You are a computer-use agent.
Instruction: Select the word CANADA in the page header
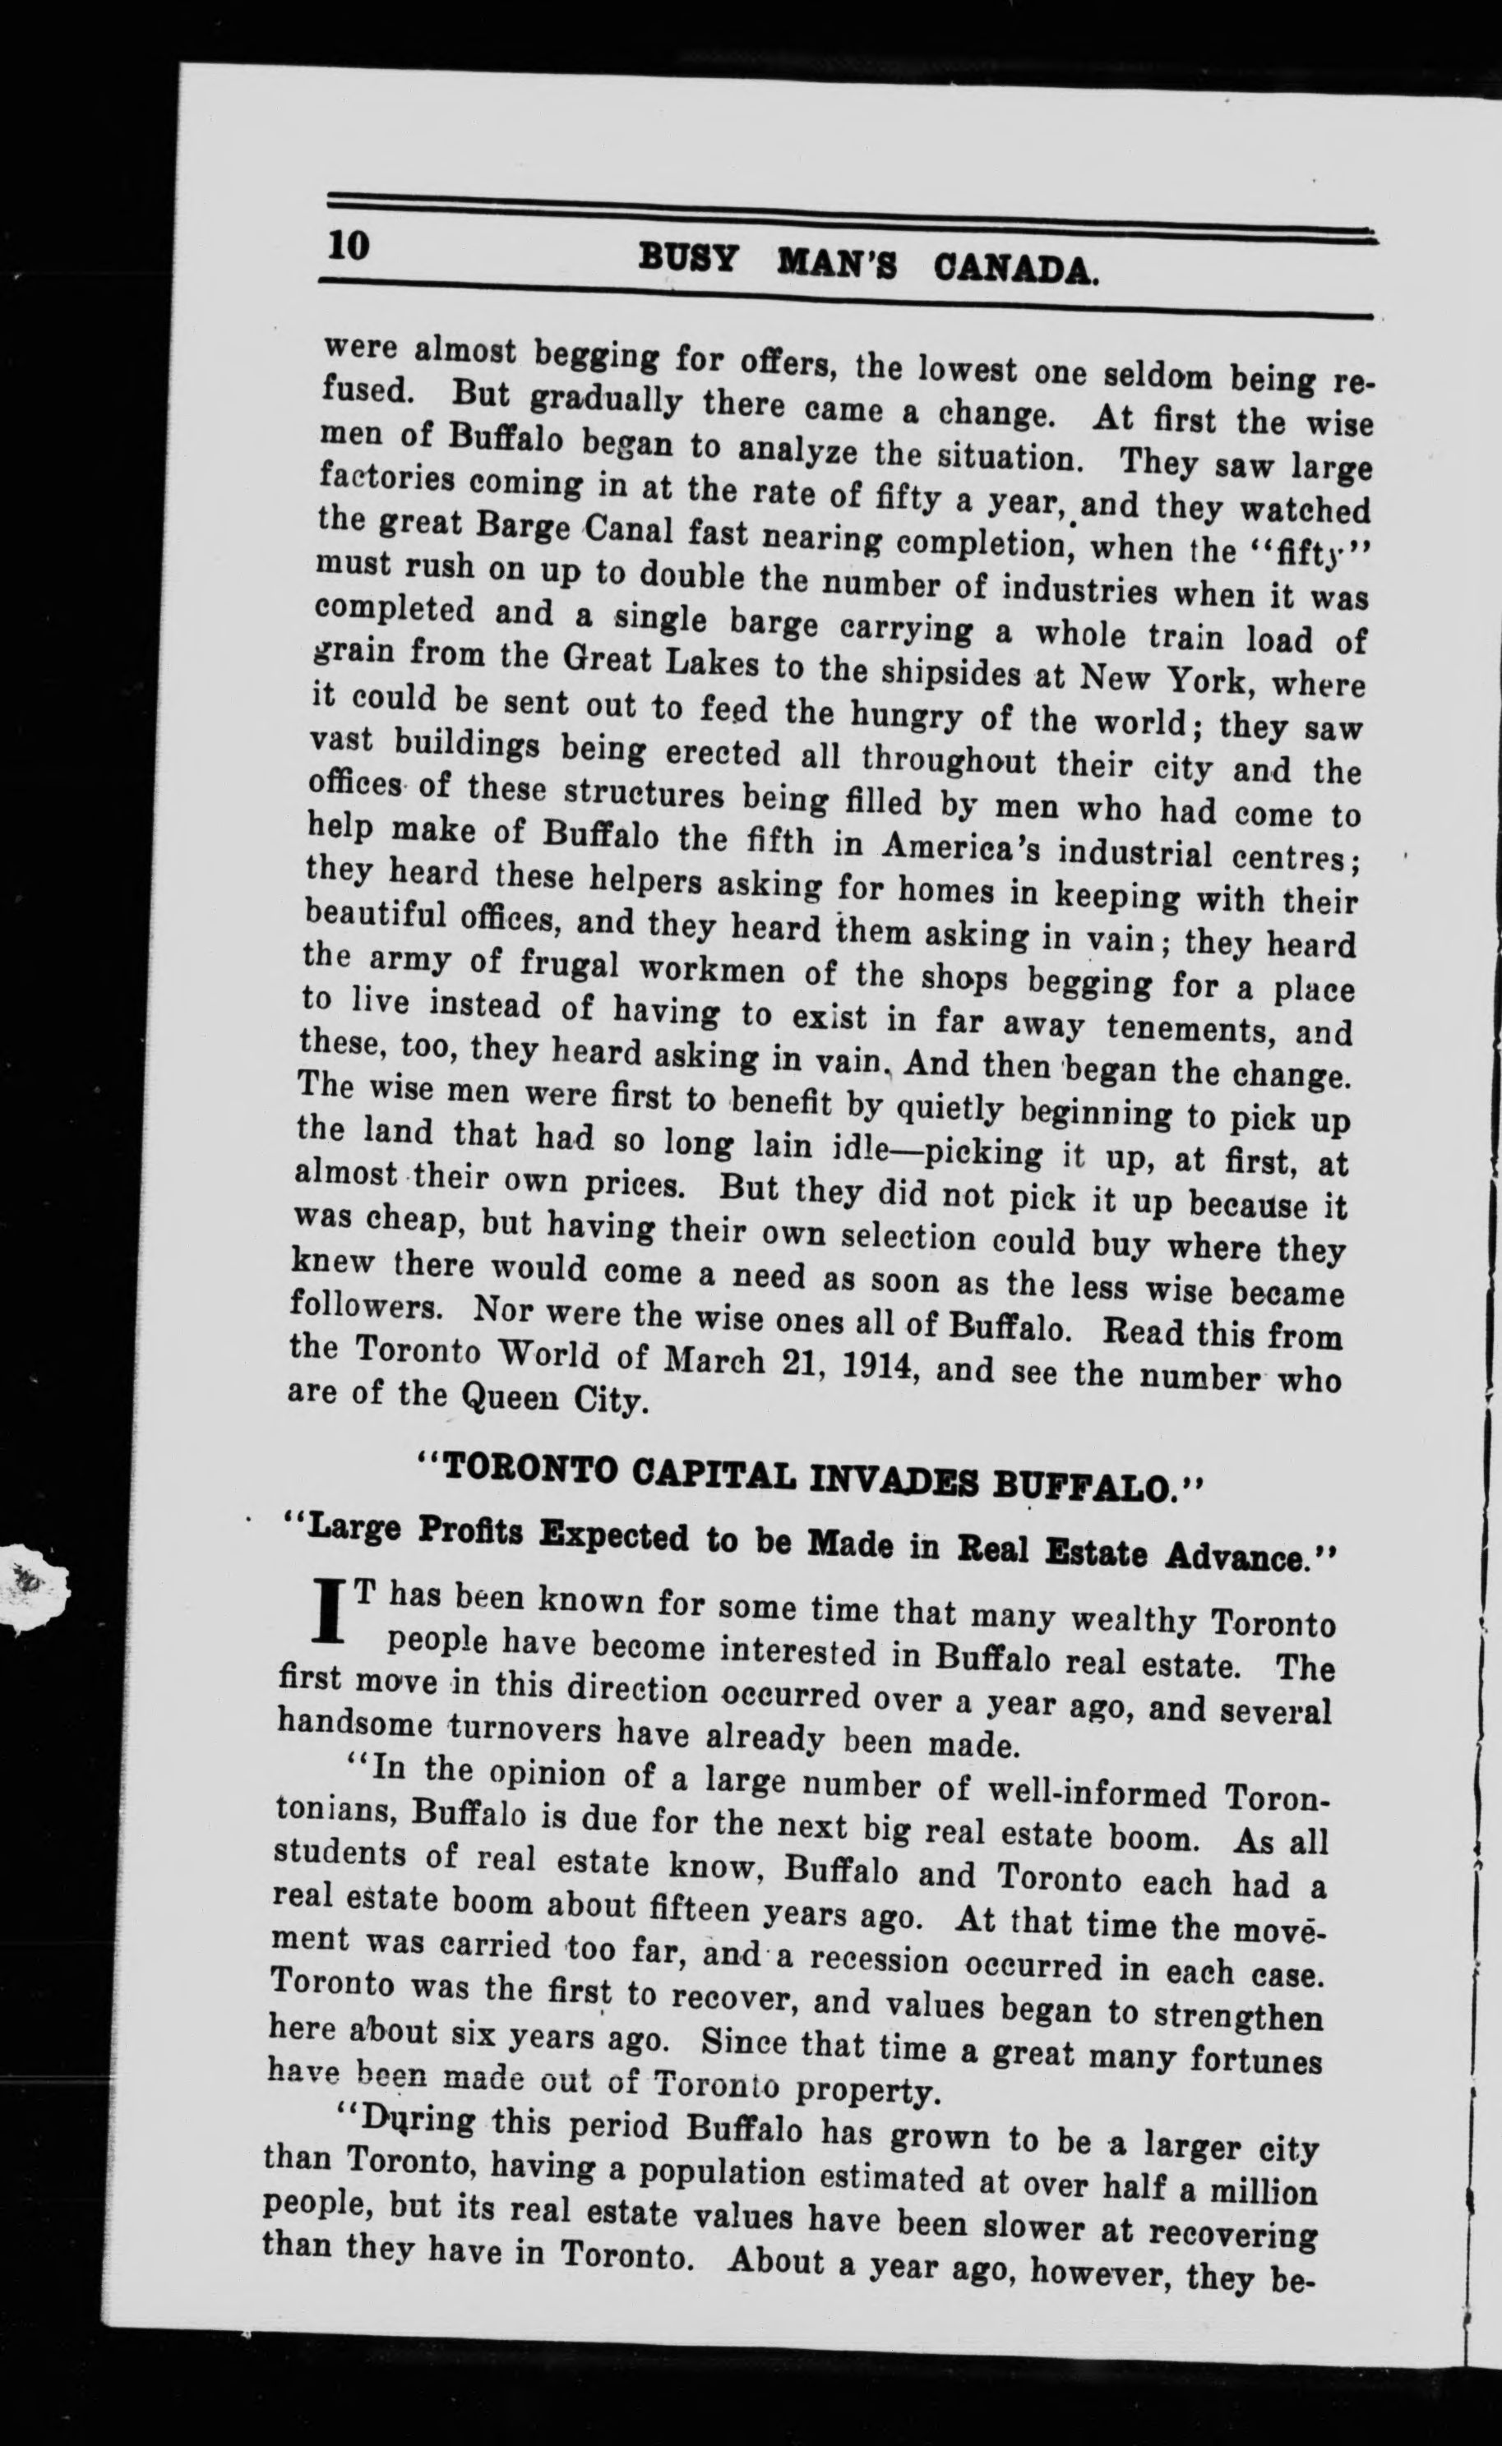coord(1015,271)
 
